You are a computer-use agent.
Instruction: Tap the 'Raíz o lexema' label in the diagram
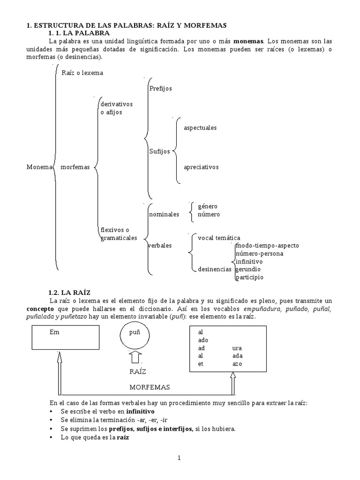click(82, 73)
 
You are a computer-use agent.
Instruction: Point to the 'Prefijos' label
click(161, 88)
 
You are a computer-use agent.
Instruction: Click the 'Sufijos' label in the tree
click(160, 151)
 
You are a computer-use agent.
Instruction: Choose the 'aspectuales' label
click(200, 127)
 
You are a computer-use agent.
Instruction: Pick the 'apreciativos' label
click(201, 166)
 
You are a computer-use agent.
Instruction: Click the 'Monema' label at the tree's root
click(38, 167)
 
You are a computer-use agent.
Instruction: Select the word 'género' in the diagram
click(207, 206)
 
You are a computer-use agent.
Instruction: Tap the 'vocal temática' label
click(219, 238)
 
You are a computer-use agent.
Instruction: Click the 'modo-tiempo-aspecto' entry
click(267, 246)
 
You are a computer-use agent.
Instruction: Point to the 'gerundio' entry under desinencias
click(248, 269)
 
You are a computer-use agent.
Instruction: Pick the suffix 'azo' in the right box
click(237, 364)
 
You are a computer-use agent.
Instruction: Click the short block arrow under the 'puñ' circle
click(134, 359)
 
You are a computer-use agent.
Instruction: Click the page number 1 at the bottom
click(179, 457)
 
